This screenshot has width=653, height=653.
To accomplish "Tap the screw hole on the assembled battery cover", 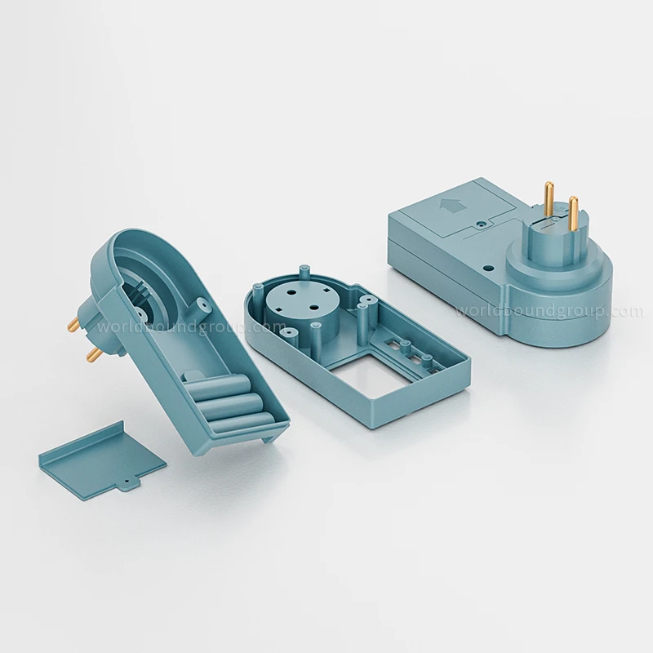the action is click(x=482, y=224).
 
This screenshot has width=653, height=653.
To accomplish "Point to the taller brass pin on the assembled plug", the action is click(x=549, y=199).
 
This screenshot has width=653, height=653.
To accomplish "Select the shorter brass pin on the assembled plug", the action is click(x=574, y=214).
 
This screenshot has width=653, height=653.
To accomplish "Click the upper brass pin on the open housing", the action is click(x=76, y=322).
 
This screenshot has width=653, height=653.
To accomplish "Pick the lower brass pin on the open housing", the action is click(x=94, y=355).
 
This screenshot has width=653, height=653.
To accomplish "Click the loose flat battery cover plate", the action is click(x=101, y=455).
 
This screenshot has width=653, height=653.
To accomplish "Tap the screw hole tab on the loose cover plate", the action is click(x=127, y=483).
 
